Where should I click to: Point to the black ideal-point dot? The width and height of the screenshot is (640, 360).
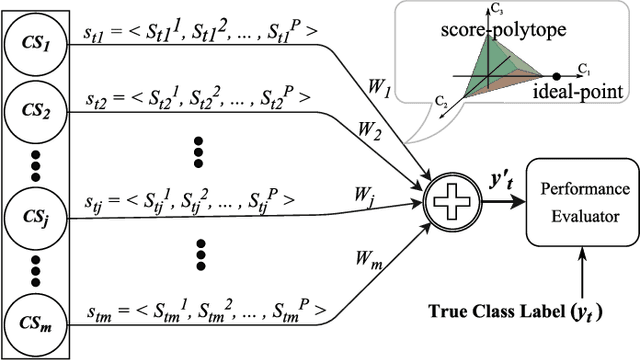(556, 76)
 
